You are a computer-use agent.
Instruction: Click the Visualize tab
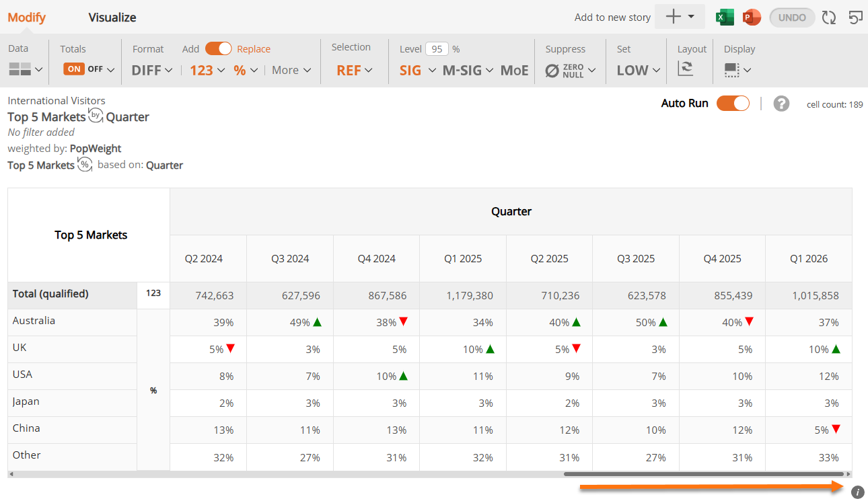(x=112, y=17)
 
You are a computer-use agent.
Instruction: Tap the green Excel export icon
(x=725, y=17)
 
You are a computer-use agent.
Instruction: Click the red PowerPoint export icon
(x=752, y=17)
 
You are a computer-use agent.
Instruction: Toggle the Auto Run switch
(x=733, y=104)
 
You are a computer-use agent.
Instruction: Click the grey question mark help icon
(x=781, y=104)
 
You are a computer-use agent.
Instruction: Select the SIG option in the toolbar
(x=410, y=71)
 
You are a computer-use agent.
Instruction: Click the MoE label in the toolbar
(x=514, y=71)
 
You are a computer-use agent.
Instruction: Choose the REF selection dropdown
(x=354, y=71)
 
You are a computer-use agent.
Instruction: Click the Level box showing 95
(x=437, y=49)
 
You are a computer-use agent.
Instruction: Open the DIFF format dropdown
(x=152, y=71)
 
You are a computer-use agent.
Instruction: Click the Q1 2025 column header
(x=463, y=259)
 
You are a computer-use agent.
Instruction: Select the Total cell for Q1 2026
(x=816, y=296)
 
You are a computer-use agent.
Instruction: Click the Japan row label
(x=26, y=401)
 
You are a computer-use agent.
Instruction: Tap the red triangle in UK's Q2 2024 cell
(x=231, y=348)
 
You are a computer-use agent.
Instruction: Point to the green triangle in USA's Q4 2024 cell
(x=404, y=376)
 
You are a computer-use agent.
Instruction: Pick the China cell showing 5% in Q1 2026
(x=821, y=430)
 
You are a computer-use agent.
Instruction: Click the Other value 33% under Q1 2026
(x=828, y=458)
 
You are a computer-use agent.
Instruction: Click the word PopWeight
(x=96, y=149)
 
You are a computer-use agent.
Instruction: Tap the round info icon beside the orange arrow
(x=857, y=492)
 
